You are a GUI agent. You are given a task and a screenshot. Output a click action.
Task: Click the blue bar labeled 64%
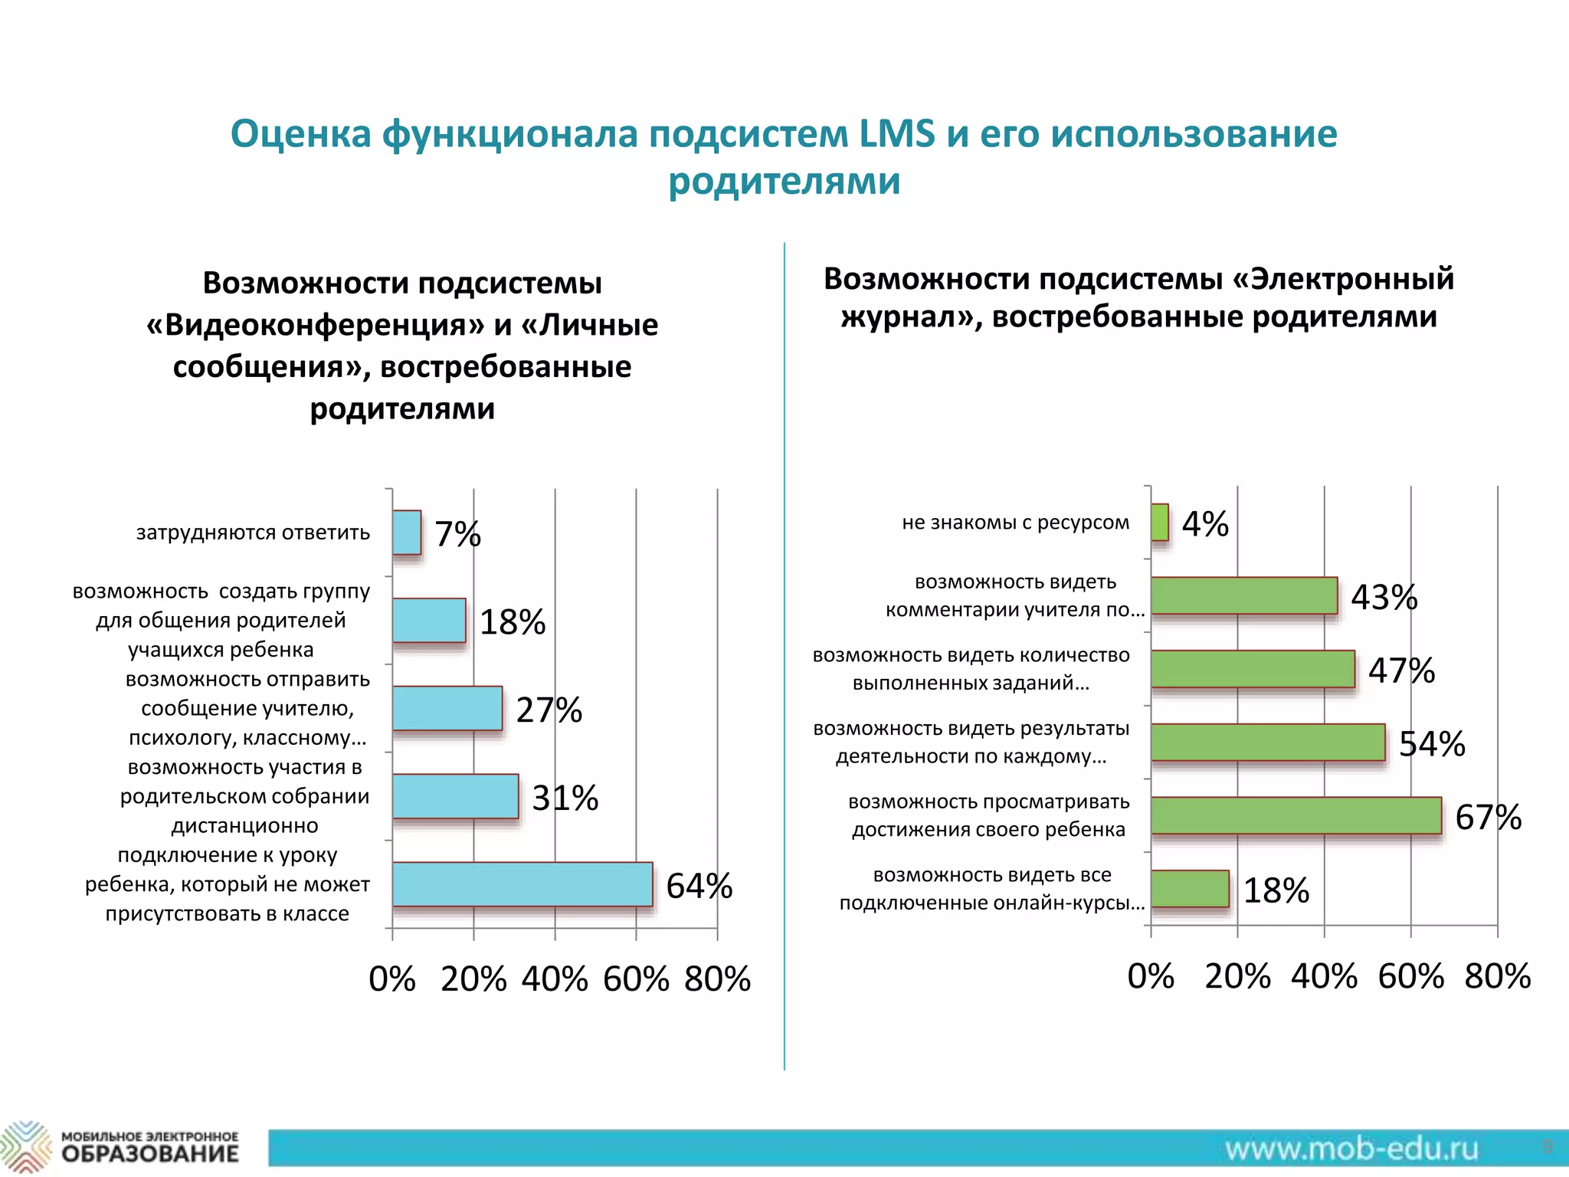(x=522, y=884)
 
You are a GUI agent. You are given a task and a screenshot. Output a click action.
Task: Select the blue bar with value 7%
(x=407, y=533)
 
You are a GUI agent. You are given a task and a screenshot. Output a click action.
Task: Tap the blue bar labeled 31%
(x=455, y=796)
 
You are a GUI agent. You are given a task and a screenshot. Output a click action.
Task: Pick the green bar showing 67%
(x=1295, y=815)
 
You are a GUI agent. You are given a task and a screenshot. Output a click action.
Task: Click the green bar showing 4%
(x=1160, y=522)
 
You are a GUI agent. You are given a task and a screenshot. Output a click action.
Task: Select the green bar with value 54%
(x=1268, y=742)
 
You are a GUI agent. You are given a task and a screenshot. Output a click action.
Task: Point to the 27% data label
(x=549, y=710)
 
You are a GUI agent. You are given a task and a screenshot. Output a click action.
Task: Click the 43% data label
(x=1384, y=597)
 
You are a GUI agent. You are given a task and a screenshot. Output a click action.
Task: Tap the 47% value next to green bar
(x=1401, y=670)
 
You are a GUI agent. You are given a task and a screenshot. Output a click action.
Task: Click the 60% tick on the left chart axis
(x=636, y=979)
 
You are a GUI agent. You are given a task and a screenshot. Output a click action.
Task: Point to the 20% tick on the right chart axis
(x=1237, y=976)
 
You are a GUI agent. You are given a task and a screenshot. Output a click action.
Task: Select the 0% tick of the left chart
(x=392, y=979)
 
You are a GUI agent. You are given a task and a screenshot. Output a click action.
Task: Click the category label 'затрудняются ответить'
(x=253, y=533)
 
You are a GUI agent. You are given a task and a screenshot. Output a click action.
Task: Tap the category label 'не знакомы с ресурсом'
(x=1015, y=523)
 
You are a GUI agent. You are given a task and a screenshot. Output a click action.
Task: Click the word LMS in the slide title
(x=896, y=133)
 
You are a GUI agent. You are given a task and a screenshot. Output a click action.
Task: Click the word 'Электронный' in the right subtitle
(x=1352, y=279)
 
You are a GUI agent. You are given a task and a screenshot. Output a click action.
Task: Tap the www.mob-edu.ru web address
(x=1351, y=1149)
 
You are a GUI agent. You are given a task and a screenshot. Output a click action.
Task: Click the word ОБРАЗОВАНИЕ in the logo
(x=150, y=1154)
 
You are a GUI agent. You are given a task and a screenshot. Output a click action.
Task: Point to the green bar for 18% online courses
(x=1190, y=889)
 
